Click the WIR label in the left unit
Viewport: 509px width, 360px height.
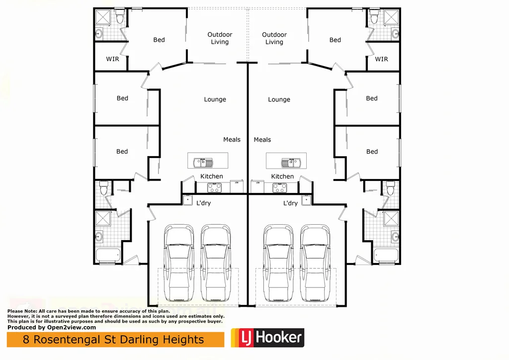(x=113, y=59)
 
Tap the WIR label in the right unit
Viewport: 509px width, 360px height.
(x=381, y=59)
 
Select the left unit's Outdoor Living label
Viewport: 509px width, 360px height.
(x=220, y=38)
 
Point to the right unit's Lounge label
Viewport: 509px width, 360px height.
(x=279, y=99)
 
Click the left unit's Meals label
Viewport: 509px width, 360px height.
(x=232, y=140)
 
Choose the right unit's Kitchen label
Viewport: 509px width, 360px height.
(x=282, y=177)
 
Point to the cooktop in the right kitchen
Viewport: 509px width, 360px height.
(x=279, y=187)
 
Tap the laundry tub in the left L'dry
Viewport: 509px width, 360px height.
(x=188, y=200)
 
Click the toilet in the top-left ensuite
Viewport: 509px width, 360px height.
(x=120, y=19)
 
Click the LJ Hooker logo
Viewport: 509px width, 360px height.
(x=267, y=338)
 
